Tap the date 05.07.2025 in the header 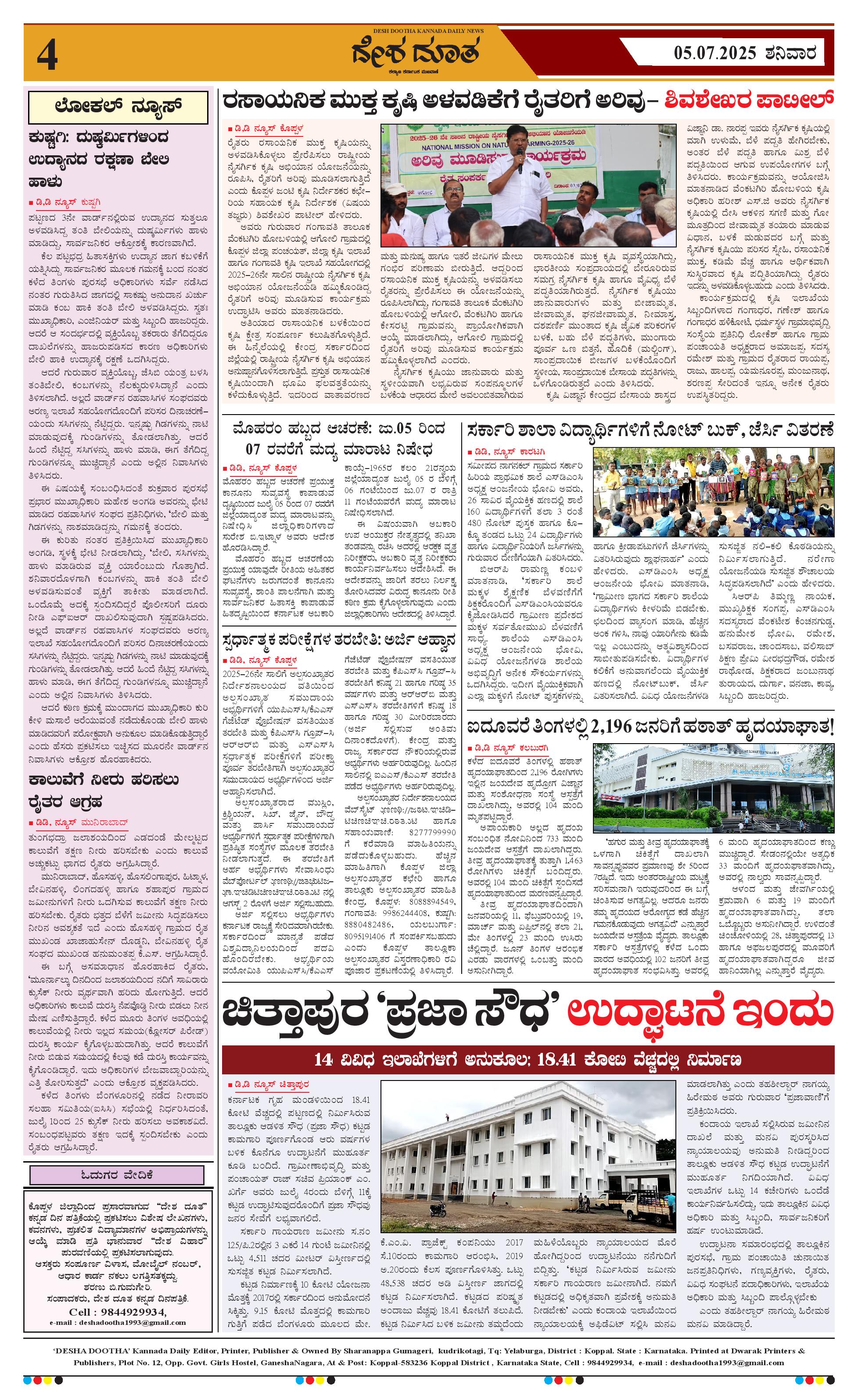pos(715,54)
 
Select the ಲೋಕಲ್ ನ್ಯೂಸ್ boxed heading pos(118,107)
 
